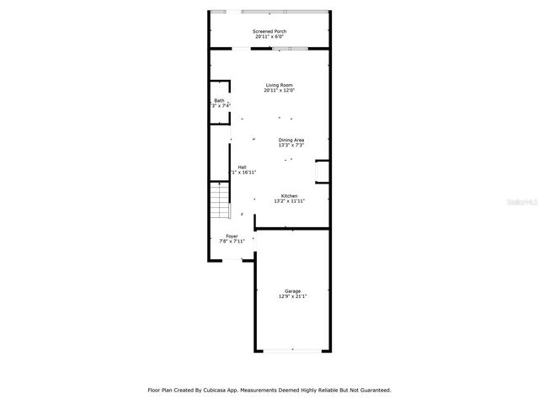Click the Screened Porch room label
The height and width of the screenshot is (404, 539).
269,31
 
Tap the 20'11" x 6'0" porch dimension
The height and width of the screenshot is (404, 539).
269,37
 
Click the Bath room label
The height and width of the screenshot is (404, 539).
219,100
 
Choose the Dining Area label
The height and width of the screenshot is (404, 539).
291,140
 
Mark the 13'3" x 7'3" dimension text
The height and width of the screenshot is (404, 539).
291,146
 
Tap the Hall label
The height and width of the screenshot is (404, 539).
243,167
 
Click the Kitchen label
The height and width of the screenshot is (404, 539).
289,195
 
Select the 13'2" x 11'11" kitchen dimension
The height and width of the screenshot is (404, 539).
289,201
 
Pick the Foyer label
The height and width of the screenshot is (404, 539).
232,236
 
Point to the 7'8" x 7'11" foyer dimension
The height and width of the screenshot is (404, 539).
232,242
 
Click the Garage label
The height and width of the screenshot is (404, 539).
292,291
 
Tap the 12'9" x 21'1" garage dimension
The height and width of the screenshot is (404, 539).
292,297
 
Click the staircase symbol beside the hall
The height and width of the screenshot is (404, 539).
220,202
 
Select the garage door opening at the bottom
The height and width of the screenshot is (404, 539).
292,350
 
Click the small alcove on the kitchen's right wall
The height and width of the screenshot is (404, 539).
322,171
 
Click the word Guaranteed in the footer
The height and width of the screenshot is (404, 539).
371,390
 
